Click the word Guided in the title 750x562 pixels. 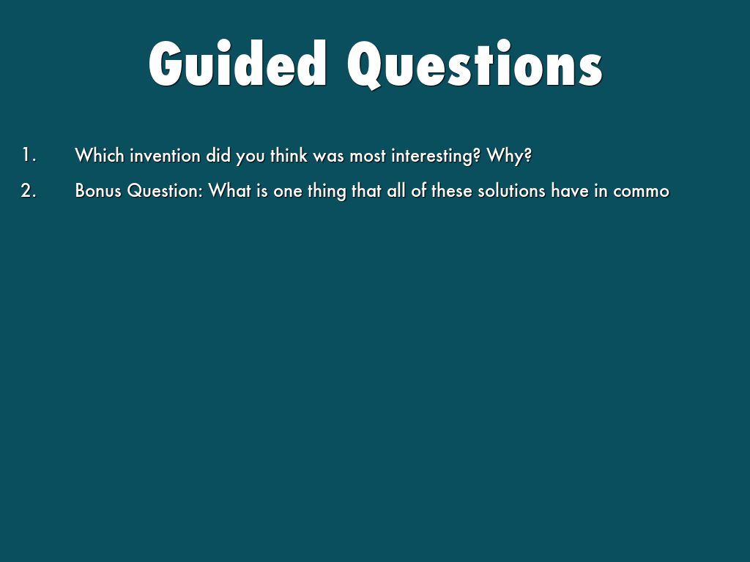click(238, 64)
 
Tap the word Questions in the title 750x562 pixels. click(475, 64)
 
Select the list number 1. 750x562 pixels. click(29, 155)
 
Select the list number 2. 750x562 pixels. click(29, 190)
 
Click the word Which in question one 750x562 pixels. click(100, 155)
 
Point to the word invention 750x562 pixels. click(165, 155)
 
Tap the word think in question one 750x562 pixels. click(289, 155)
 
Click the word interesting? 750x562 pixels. click(436, 156)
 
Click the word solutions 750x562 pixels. click(512, 191)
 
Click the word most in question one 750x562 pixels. click(368, 156)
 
